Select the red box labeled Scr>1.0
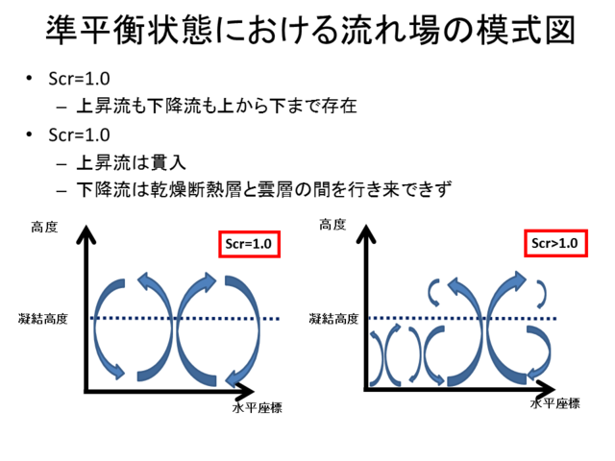pyautogui.click(x=555, y=243)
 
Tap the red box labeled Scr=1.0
pyautogui.click(x=250, y=244)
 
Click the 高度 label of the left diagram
pyautogui.click(x=44, y=228)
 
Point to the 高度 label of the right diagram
pyautogui.click(x=332, y=225)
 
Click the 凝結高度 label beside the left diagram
pyautogui.click(x=43, y=319)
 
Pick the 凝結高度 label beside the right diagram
pyautogui.click(x=333, y=319)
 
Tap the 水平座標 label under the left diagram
pyautogui.click(x=258, y=408)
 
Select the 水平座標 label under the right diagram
pyautogui.click(x=555, y=403)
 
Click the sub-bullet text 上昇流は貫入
pyautogui.click(x=131, y=163)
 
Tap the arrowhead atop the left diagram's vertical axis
pyautogui.click(x=86, y=234)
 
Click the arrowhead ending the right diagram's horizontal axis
pyautogui.click(x=546, y=389)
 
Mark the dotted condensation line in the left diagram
pyautogui.click(x=184, y=318)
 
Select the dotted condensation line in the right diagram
pyautogui.click(x=462, y=318)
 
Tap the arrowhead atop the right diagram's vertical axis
pyautogui.click(x=366, y=234)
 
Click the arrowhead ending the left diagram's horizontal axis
pyautogui.click(x=244, y=391)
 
